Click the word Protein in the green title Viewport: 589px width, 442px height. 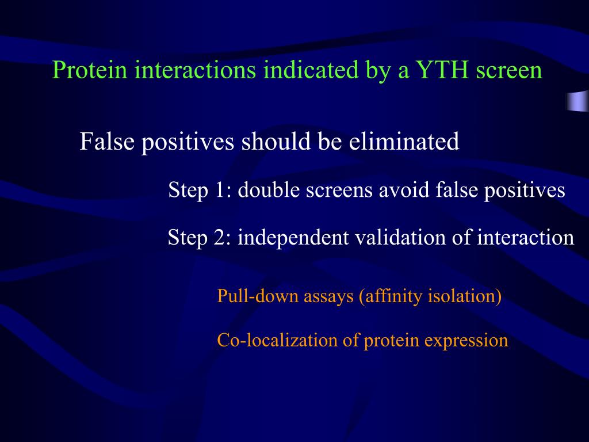point(90,70)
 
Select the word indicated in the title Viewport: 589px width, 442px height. point(311,70)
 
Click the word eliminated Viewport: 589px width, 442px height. point(404,142)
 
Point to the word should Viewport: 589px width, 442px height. point(276,142)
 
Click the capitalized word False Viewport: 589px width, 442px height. point(107,142)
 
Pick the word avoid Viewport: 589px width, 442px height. point(404,189)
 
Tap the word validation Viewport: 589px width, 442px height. point(400,238)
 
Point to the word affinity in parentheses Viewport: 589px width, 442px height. point(391,296)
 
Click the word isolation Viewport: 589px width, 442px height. point(465,296)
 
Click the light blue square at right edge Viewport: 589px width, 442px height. point(577,101)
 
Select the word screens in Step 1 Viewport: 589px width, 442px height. point(339,190)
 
